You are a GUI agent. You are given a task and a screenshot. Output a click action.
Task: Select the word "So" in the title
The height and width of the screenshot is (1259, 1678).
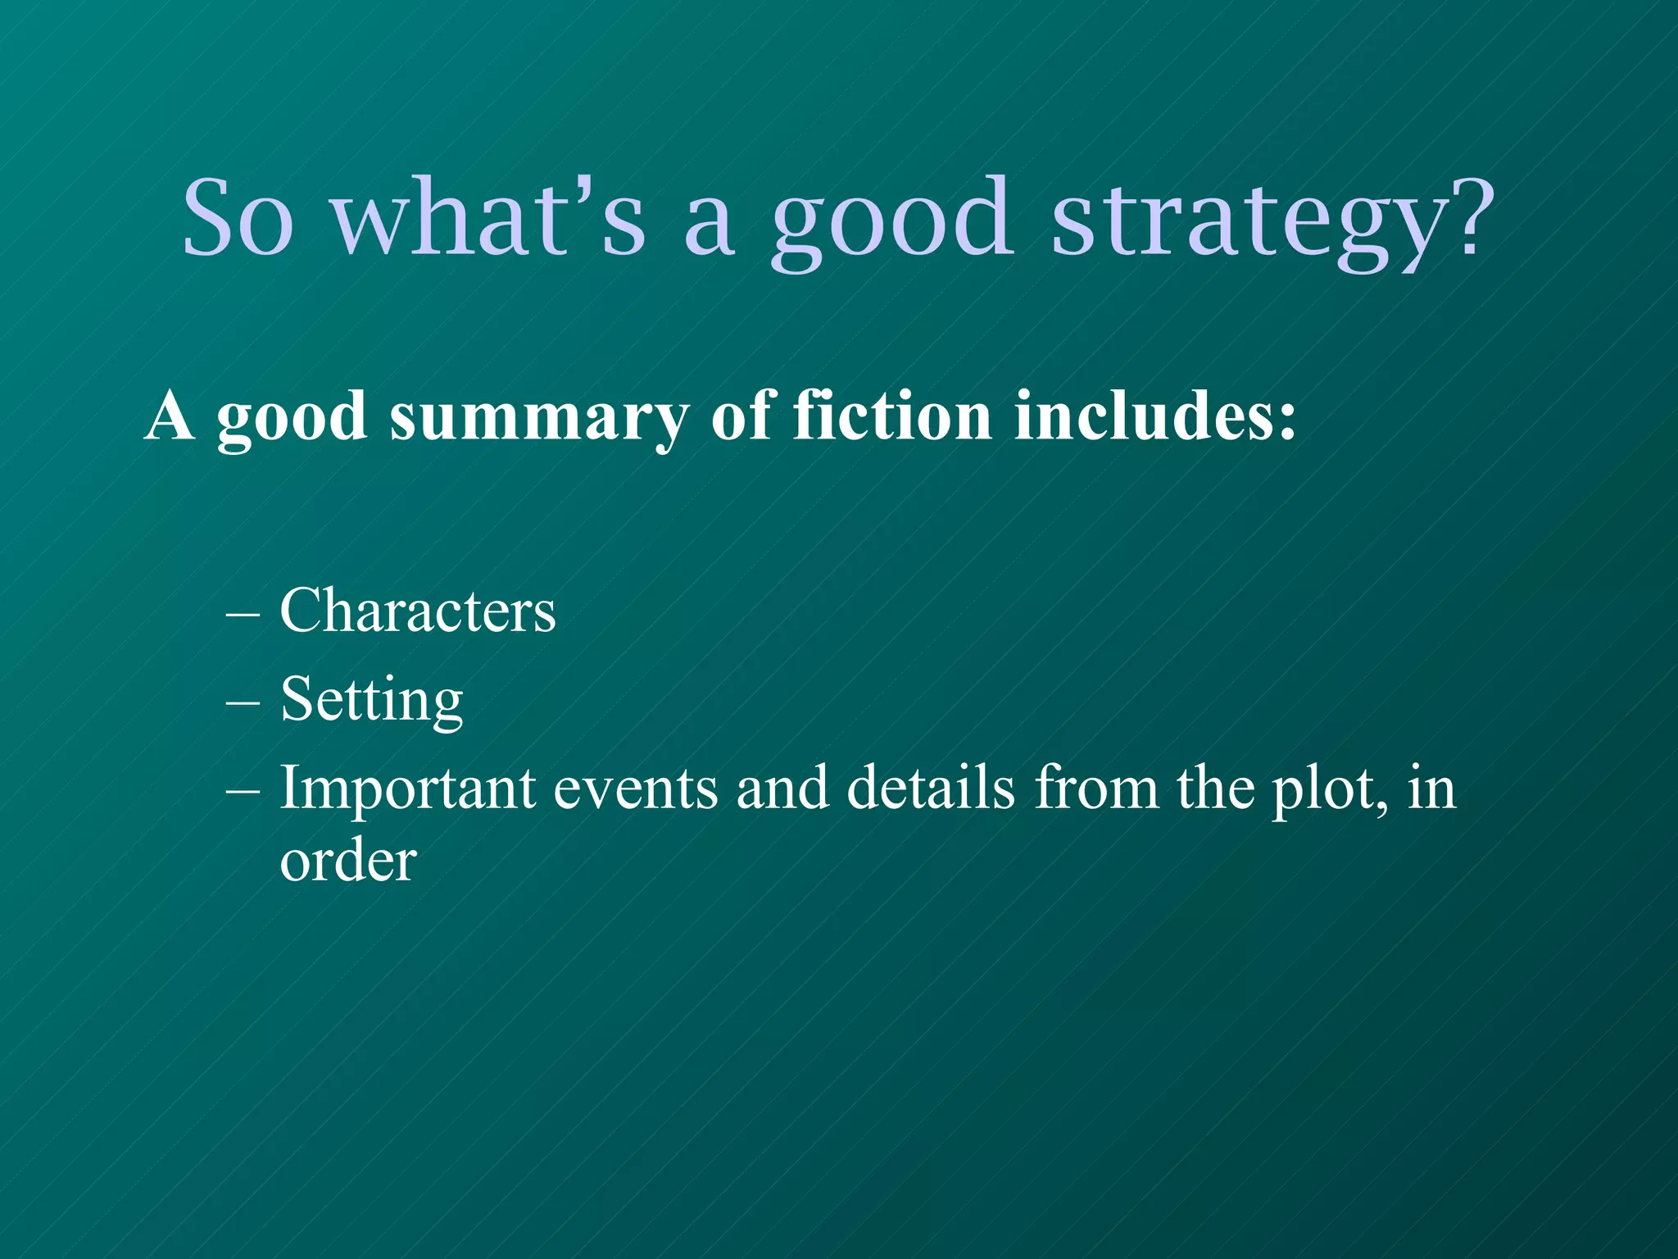pyautogui.click(x=238, y=217)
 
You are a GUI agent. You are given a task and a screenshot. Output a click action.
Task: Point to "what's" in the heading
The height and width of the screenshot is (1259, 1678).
pyautogui.click(x=488, y=217)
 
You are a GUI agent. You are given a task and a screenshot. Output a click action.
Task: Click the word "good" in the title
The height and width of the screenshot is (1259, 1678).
pyautogui.click(x=888, y=221)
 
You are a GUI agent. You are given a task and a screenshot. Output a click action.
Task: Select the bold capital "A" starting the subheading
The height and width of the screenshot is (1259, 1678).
pyautogui.click(x=170, y=416)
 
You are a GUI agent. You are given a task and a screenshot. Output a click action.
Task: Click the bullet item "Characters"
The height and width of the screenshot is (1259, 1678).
pyautogui.click(x=418, y=611)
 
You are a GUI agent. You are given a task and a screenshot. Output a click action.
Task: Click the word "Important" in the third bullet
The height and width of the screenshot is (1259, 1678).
pyautogui.click(x=407, y=789)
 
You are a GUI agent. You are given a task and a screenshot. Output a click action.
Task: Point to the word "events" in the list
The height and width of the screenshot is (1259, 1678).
pyautogui.click(x=636, y=789)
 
